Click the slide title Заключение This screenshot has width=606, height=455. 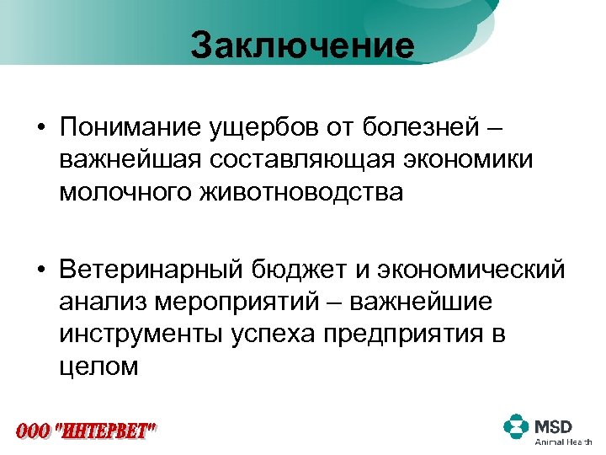302,45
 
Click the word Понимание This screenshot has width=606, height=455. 130,130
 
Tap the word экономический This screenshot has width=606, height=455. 471,271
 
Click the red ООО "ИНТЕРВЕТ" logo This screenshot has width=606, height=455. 86,431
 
